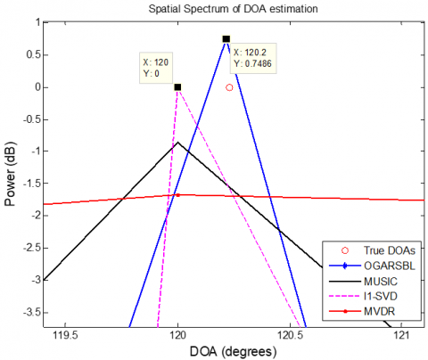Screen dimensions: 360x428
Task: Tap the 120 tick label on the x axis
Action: pyautogui.click(x=177, y=336)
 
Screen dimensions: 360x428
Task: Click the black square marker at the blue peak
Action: pyautogui.click(x=226, y=39)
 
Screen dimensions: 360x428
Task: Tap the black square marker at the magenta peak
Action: pyautogui.click(x=177, y=87)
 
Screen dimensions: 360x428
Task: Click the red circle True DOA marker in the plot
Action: pyautogui.click(x=229, y=87)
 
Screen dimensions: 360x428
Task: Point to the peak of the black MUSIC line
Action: pyautogui.click(x=177, y=143)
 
